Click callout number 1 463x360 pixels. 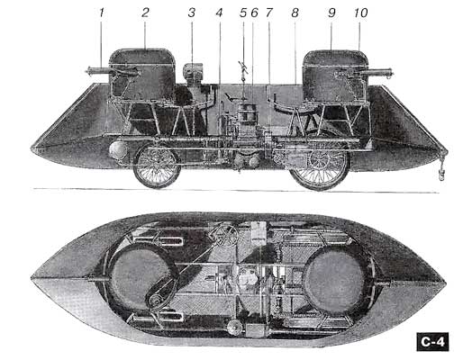tap(102, 13)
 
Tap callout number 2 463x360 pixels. tap(145, 13)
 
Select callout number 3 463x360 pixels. tap(192, 13)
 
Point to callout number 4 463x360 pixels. tap(220, 13)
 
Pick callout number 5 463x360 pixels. tap(243, 13)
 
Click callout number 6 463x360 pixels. tap(254, 13)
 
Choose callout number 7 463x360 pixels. tap(268, 13)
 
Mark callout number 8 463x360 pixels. tap(295, 13)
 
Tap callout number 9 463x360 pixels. tap(331, 13)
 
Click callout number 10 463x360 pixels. tap(360, 13)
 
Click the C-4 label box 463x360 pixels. tap(432, 342)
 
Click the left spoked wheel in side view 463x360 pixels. tap(157, 166)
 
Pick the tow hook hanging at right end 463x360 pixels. tap(441, 174)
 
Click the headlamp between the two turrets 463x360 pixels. tap(193, 72)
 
